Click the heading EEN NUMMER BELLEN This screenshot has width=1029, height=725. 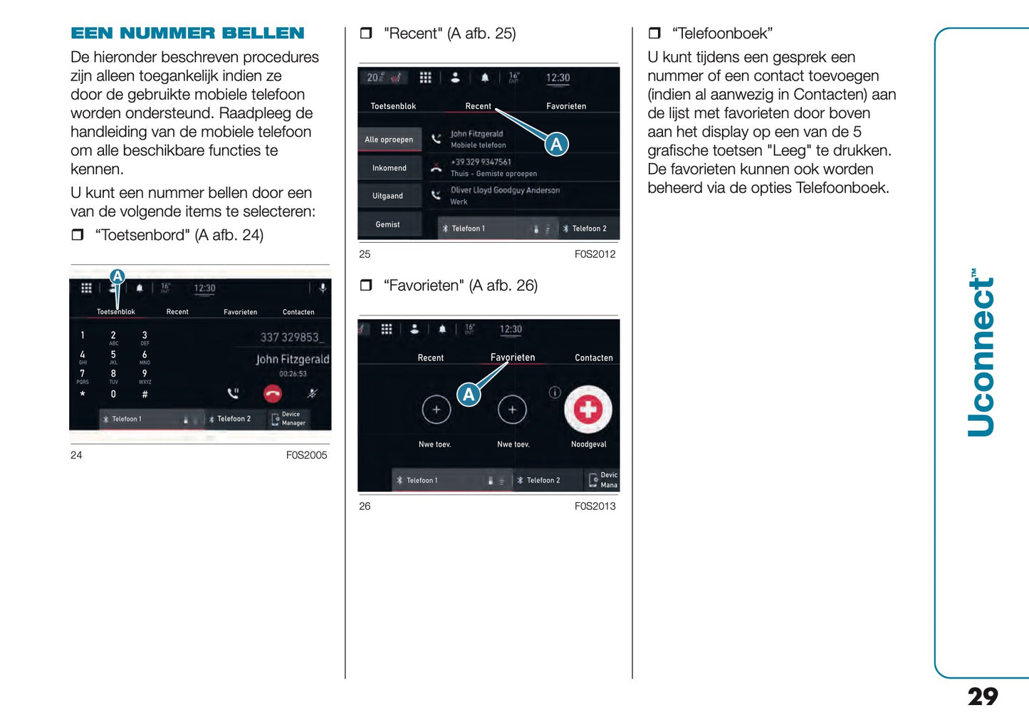point(187,33)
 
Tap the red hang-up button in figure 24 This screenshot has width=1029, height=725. point(273,393)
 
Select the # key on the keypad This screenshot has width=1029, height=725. point(145,394)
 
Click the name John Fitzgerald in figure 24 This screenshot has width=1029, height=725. point(292,359)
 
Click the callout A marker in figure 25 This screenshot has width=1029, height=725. point(556,145)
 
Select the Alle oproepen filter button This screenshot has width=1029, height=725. point(389,140)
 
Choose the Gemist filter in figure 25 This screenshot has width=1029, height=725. point(388,224)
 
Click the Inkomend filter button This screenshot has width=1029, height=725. point(389,168)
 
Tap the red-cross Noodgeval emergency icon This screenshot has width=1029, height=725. point(587,410)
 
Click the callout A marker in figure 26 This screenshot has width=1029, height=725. point(469,395)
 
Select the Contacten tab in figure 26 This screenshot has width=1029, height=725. point(593,358)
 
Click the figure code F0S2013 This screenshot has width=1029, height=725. point(595,506)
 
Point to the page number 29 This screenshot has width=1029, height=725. point(982,696)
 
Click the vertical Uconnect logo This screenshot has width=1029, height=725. point(981,353)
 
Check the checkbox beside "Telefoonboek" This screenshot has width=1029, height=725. point(654,33)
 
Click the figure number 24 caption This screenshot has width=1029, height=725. point(76,455)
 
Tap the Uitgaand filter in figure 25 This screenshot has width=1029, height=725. point(388,196)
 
